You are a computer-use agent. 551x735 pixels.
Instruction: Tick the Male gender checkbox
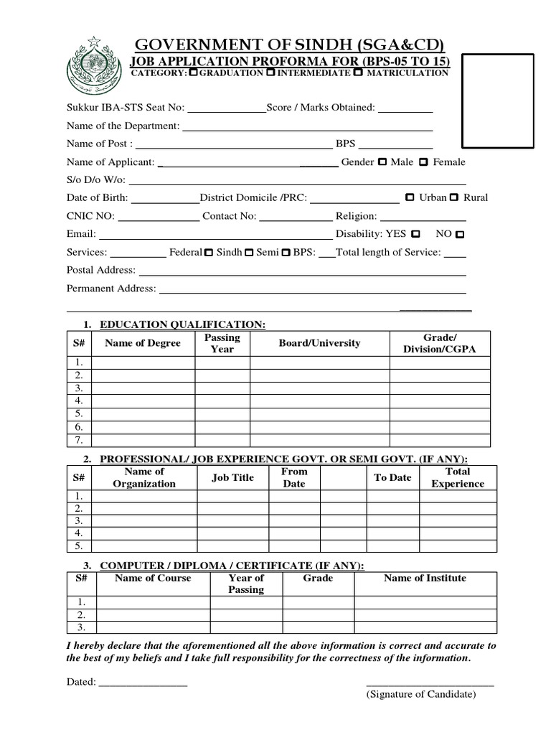click(x=382, y=162)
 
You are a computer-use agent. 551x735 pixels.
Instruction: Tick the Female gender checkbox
click(x=424, y=162)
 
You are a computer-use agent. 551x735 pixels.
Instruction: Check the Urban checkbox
click(x=410, y=197)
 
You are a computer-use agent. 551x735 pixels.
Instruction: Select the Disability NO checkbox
click(x=460, y=235)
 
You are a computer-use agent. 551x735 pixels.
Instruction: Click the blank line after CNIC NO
click(x=158, y=217)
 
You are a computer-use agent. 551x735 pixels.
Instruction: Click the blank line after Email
click(x=215, y=235)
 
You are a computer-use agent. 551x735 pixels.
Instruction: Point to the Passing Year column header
click(x=222, y=343)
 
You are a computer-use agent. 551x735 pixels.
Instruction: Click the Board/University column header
click(x=319, y=343)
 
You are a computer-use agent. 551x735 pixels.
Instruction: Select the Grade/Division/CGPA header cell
click(x=440, y=343)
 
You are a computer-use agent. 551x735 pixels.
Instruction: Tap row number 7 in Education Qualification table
click(x=80, y=440)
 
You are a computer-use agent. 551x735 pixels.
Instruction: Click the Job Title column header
click(x=233, y=477)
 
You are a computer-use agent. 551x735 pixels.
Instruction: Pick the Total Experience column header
click(x=458, y=477)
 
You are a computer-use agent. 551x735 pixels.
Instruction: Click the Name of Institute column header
click(x=425, y=578)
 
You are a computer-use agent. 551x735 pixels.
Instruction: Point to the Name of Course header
click(x=153, y=578)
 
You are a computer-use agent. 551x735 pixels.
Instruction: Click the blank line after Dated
click(x=143, y=682)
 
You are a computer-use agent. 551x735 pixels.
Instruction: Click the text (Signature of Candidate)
click(x=420, y=694)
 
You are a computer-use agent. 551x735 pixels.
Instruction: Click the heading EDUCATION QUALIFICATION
click(x=182, y=325)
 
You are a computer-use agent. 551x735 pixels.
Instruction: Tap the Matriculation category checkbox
click(x=357, y=73)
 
